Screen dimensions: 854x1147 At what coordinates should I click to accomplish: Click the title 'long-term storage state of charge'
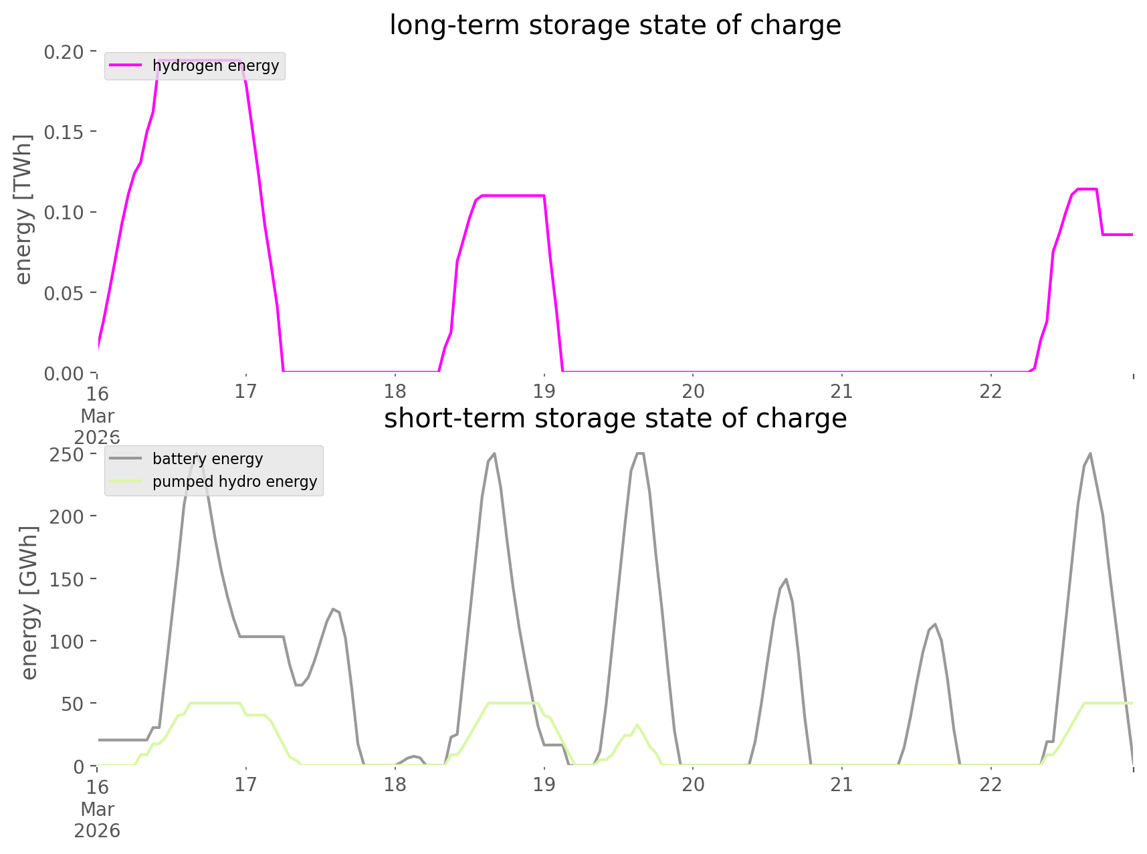tap(615, 25)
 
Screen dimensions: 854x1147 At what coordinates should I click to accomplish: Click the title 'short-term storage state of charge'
tap(615, 419)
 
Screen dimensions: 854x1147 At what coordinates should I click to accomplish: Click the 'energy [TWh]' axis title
tap(23, 210)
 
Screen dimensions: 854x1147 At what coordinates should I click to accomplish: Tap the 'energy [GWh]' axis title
tap(29, 603)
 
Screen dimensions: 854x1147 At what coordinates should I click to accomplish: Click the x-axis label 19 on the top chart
tap(544, 392)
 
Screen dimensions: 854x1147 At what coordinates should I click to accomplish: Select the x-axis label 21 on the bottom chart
tap(842, 784)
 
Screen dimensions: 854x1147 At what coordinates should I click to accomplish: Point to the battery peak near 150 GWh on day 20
tap(786, 580)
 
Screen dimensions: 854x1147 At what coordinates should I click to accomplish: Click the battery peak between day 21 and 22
tap(934, 625)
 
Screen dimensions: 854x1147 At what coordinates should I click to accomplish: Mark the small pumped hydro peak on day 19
tap(637, 724)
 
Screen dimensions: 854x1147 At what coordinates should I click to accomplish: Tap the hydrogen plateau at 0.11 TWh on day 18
tap(512, 195)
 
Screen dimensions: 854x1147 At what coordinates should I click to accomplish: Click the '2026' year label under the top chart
tap(98, 437)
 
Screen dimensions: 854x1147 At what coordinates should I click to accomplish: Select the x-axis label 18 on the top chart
tap(395, 392)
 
